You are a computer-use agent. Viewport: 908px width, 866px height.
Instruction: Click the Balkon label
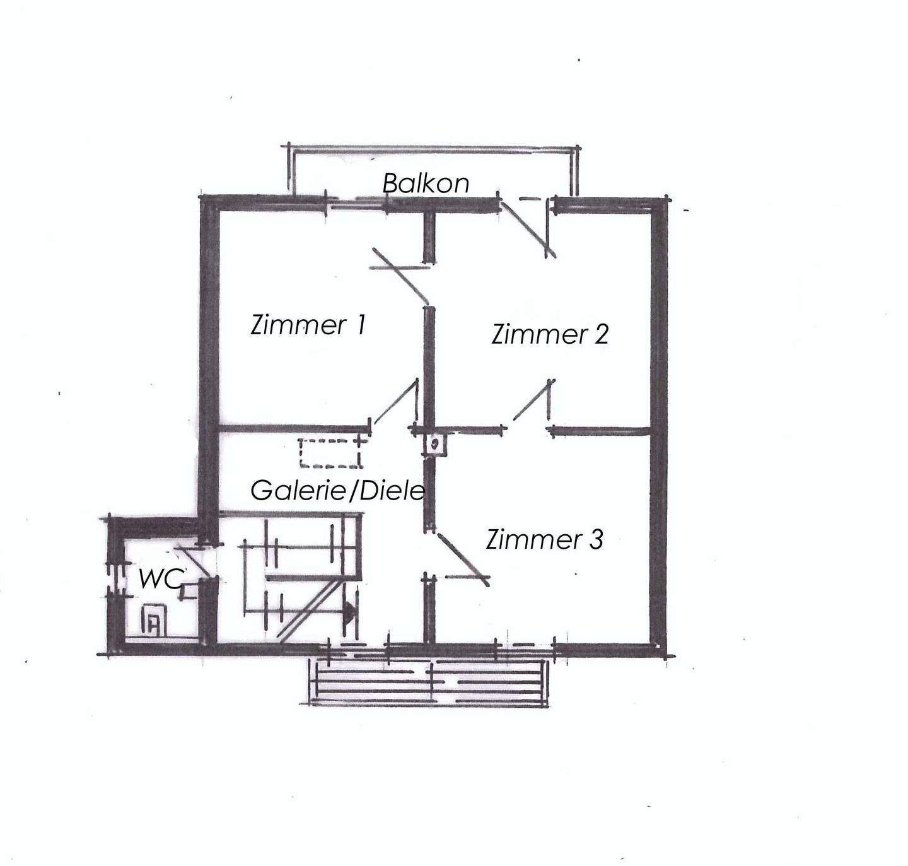click(x=426, y=183)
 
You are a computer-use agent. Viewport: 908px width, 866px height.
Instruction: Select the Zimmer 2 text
click(x=549, y=334)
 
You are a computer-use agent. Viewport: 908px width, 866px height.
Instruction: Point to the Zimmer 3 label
click(x=544, y=539)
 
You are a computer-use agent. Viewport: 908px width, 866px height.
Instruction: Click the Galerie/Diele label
click(x=337, y=491)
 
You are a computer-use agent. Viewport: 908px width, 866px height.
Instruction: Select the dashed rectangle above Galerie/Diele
click(x=330, y=452)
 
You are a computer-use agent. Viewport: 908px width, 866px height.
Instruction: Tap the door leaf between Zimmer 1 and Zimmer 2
click(x=400, y=278)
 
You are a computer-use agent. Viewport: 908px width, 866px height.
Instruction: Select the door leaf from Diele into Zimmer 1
click(x=396, y=401)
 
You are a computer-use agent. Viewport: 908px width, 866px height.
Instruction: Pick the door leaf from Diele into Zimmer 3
click(x=463, y=559)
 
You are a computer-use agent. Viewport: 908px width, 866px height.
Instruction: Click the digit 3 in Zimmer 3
click(x=597, y=539)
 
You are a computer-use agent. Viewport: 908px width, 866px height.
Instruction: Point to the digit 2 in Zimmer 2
click(x=601, y=334)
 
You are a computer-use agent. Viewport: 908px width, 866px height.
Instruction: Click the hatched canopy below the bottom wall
click(x=429, y=682)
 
